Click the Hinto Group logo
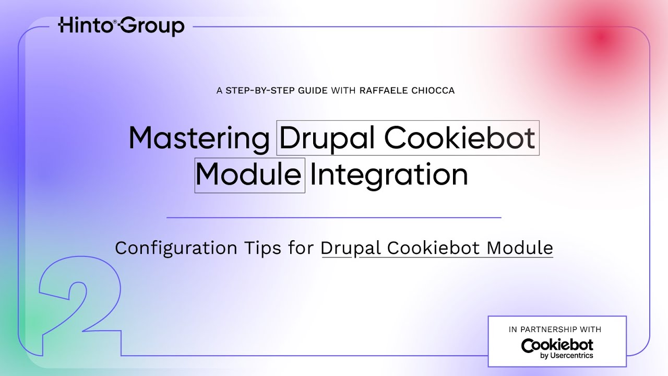click(x=121, y=26)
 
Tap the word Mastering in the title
click(x=199, y=138)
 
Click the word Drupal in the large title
click(x=328, y=138)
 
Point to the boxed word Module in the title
click(x=249, y=175)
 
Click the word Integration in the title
click(x=389, y=175)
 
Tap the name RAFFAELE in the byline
click(x=383, y=91)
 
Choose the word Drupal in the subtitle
click(x=351, y=248)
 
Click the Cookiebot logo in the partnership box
click(x=557, y=345)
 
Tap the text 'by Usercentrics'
click(x=567, y=356)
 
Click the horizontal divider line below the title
click(x=334, y=217)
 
